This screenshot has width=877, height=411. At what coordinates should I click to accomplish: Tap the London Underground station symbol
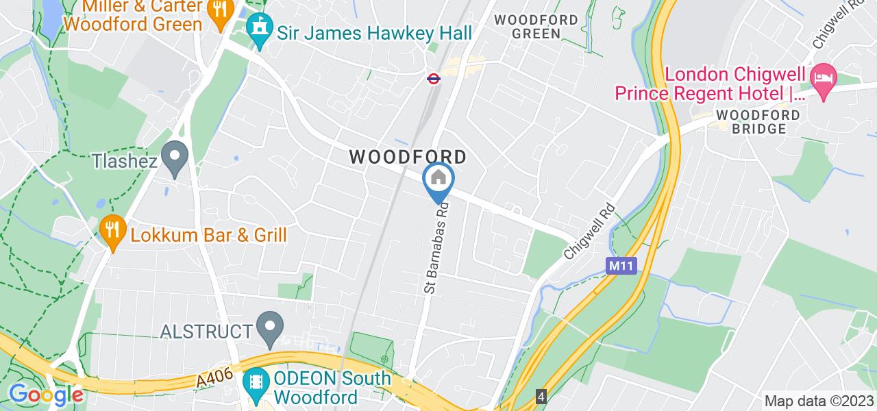pos(433,79)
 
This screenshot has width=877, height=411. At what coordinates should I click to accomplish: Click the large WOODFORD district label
pos(408,157)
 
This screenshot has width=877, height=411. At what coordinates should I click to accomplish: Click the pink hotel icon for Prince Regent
pos(820,75)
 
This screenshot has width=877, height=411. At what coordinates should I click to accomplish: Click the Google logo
pos(45,395)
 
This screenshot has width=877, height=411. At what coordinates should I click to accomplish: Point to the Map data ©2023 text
pos(819,401)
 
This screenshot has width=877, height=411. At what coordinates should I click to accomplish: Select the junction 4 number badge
pos(541,397)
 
